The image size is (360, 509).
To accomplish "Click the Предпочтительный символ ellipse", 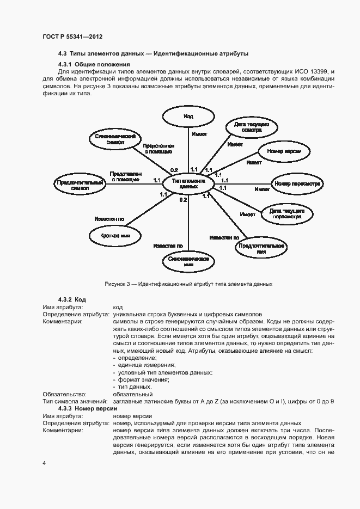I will pos(80,184).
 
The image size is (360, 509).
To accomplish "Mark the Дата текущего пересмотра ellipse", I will pos(288,213).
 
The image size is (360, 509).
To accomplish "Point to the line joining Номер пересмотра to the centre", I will pos(245,183).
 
